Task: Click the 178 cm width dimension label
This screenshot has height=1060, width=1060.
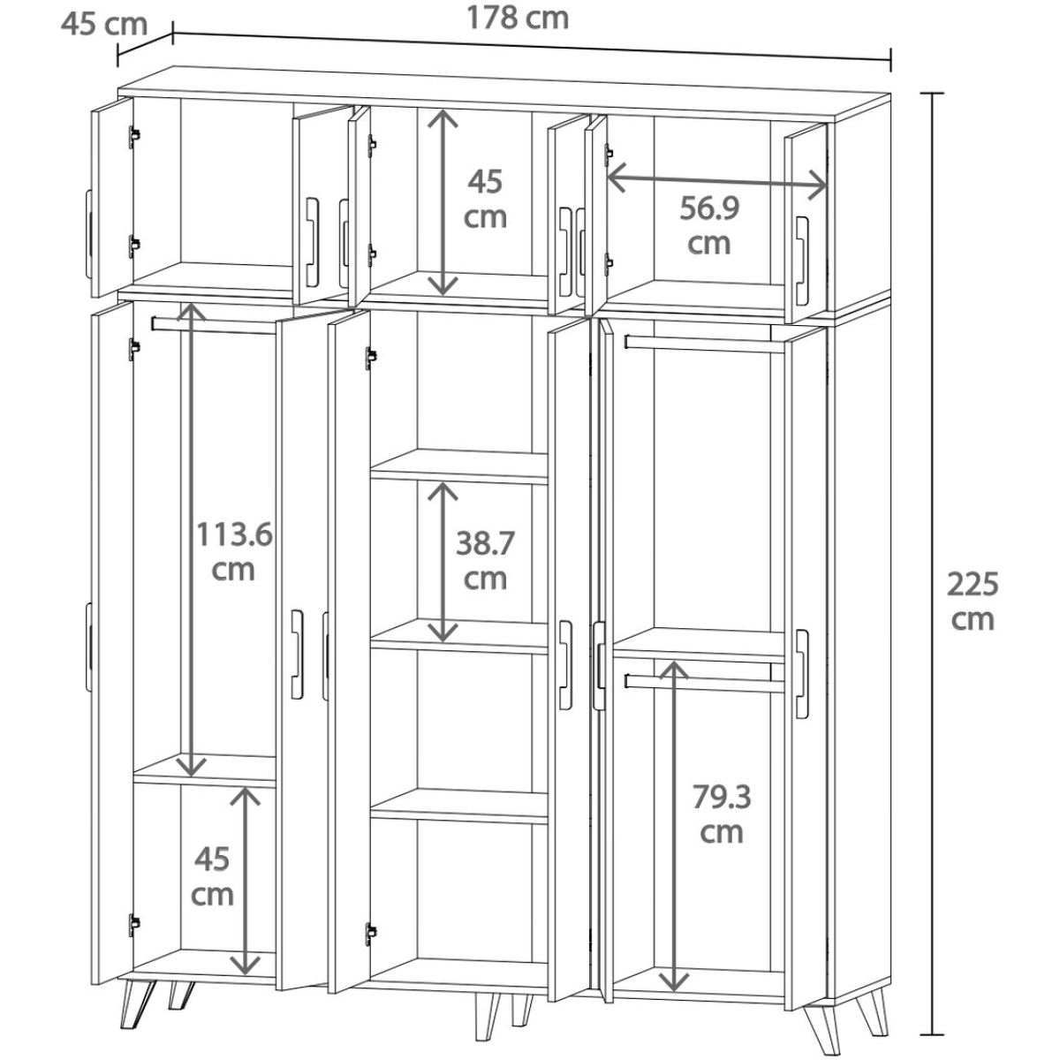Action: click(517, 18)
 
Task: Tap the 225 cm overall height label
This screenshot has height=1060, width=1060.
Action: click(972, 602)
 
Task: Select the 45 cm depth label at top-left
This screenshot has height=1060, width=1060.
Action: click(104, 25)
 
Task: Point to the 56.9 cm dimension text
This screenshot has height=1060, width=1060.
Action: click(709, 225)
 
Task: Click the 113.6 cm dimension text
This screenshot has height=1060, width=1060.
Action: click(234, 552)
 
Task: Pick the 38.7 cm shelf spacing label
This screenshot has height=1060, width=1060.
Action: click(485, 561)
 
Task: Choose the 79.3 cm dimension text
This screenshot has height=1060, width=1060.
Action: click(721, 814)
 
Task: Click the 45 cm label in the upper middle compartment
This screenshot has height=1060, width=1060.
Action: click(485, 199)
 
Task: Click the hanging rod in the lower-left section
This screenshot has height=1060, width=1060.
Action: click(214, 325)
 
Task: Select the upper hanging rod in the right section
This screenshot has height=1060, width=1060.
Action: click(705, 344)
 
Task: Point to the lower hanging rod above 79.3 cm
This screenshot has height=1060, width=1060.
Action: click(705, 683)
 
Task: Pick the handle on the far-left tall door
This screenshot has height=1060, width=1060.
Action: click(88, 647)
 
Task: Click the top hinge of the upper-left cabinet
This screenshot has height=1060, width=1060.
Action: click(133, 136)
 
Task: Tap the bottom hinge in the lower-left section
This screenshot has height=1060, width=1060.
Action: click(133, 925)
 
